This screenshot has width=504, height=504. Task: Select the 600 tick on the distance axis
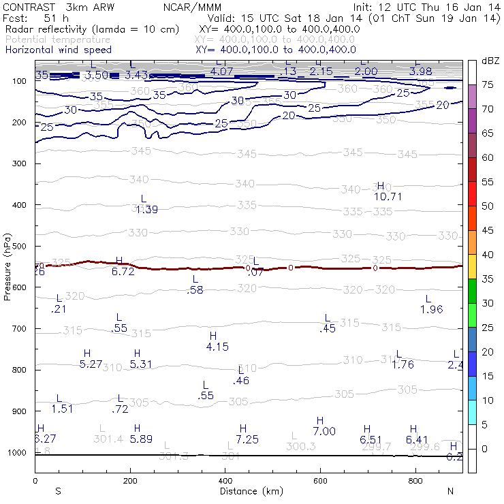coord(319,480)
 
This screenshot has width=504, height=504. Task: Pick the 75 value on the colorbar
coord(488,85)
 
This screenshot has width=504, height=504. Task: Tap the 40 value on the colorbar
coord(488,255)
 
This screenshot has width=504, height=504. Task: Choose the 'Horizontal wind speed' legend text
coord(58,50)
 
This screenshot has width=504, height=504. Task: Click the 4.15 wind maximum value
coord(217,347)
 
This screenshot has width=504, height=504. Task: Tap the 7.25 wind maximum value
coord(247,439)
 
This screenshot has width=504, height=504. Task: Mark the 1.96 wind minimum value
coord(432,309)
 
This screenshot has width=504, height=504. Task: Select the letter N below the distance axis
coord(450,490)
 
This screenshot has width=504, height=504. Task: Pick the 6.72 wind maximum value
coord(123,272)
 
